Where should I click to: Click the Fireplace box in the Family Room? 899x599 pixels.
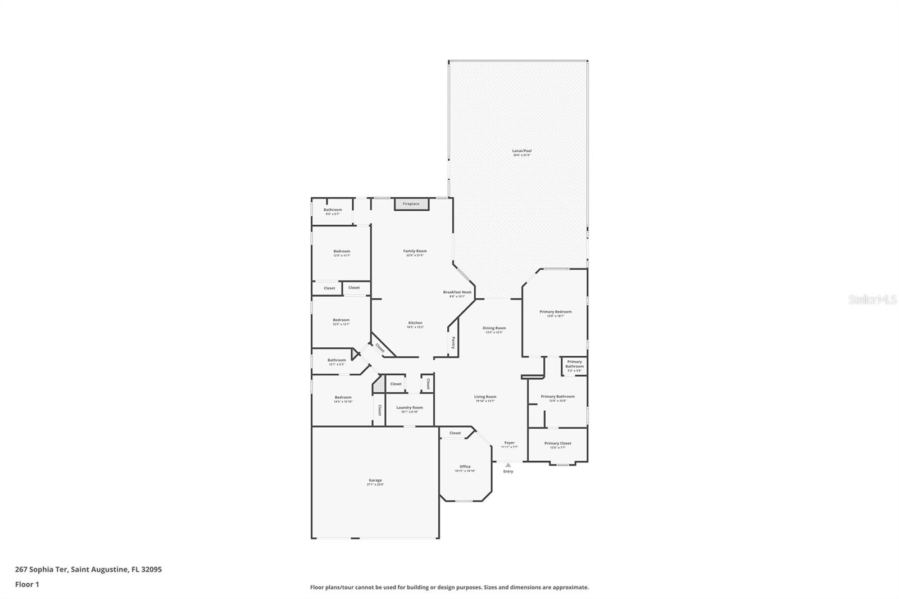411,204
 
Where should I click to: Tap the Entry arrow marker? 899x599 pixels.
508,465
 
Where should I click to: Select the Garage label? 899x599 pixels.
375,480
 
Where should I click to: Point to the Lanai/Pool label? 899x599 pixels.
521,151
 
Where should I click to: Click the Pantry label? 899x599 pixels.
453,342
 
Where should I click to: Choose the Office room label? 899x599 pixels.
465,467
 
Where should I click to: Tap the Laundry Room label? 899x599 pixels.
409,408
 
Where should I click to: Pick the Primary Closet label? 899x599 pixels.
557,443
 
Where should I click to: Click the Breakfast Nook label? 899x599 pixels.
457,292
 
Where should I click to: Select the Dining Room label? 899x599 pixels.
494,328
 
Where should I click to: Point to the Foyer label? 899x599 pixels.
509,443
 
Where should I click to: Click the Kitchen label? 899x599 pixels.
415,323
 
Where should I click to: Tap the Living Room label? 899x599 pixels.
485,397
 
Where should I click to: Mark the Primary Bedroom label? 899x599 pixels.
555,312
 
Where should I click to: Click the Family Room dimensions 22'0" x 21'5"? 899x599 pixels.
415,256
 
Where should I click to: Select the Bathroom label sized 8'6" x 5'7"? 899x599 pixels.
333,210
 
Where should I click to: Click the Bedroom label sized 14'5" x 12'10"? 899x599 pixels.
343,397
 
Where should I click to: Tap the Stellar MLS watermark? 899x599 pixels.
872,300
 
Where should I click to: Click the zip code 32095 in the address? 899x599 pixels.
152,569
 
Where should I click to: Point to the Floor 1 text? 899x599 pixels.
27,584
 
